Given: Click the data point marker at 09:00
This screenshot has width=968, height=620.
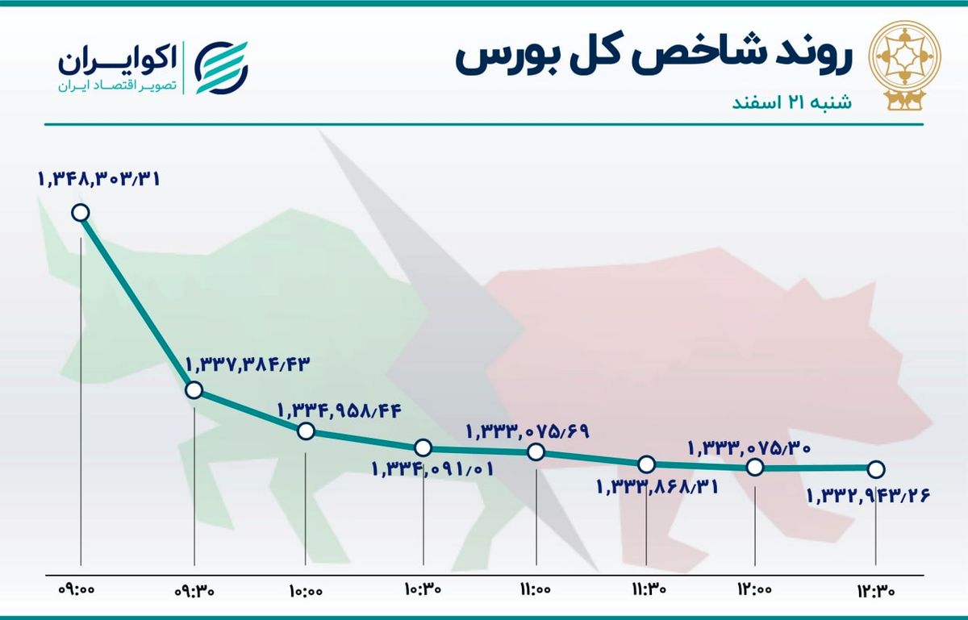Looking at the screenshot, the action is click(x=81, y=213).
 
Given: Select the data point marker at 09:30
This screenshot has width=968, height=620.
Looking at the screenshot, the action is click(x=194, y=390).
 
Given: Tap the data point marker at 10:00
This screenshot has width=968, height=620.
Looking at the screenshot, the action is click(x=306, y=431).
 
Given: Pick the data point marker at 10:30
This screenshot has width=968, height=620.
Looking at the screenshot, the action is click(x=423, y=447).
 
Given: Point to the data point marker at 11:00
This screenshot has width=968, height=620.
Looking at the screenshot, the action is click(x=536, y=452).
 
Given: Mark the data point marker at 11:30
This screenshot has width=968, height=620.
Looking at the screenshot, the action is click(x=646, y=464).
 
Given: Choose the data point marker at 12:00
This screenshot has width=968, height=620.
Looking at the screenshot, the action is click(x=755, y=467).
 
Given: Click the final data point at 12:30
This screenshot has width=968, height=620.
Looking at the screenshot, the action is click(x=876, y=469).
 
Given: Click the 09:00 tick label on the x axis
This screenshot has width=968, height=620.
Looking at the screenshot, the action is click(x=77, y=589).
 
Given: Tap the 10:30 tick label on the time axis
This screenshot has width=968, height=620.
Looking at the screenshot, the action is click(x=423, y=589).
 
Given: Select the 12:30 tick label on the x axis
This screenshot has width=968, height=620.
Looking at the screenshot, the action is click(x=876, y=590).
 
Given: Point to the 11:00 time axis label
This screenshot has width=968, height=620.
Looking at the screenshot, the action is click(x=536, y=589).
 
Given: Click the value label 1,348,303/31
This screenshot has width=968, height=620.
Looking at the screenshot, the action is click(x=99, y=178).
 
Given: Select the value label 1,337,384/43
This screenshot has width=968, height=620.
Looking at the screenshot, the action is click(x=248, y=365).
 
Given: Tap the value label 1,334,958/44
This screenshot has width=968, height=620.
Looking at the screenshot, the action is click(x=340, y=411).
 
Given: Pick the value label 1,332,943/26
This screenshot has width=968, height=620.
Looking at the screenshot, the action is click(x=868, y=496).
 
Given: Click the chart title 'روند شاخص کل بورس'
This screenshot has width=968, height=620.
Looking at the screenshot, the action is click(x=653, y=59).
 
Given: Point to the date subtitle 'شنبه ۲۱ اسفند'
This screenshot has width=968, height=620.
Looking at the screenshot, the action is click(x=791, y=103).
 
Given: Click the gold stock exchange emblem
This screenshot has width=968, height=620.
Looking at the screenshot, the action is click(x=905, y=65).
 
